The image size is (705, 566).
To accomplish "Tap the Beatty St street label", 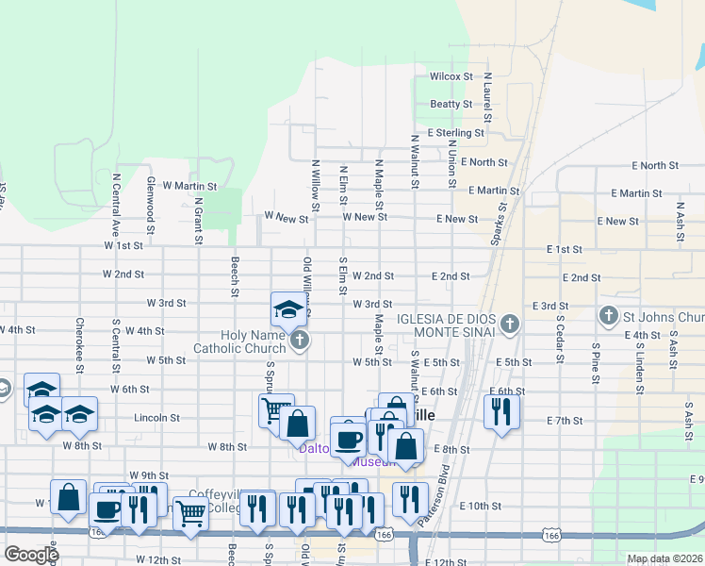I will pos(451,104).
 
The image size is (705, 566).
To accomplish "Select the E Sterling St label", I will pos(455,134).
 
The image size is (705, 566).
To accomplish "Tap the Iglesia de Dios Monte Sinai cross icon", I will pos(509,325).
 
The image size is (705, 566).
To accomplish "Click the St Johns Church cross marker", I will pos(609,315).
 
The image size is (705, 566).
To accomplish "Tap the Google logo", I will pos(31,555).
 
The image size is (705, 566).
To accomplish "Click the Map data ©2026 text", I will pos(665,558).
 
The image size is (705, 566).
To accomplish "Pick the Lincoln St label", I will pos(156,417).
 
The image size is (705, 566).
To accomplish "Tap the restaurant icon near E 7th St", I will pos(501,410).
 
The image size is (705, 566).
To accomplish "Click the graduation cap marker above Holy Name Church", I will pos(288,308).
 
